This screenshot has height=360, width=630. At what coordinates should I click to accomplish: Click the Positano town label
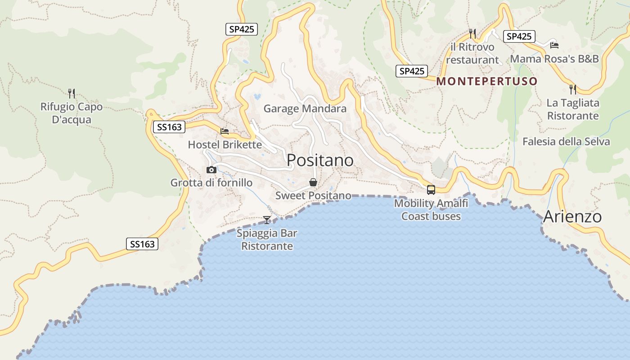click(320, 160)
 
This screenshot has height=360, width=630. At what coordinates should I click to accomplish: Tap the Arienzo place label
click(572, 216)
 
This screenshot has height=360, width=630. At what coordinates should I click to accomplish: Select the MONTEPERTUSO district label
click(487, 81)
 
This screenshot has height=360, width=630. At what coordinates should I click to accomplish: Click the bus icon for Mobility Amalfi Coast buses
click(431, 189)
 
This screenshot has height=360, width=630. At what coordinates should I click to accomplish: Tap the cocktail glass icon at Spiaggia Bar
click(267, 220)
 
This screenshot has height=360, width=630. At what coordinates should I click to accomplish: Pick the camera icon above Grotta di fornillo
click(211, 170)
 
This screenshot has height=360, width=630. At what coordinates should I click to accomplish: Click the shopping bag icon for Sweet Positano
click(313, 182)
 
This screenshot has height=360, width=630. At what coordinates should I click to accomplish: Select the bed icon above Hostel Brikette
click(225, 131)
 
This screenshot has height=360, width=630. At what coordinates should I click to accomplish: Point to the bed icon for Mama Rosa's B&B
click(554, 45)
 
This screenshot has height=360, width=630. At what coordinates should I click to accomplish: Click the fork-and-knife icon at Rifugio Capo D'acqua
click(71, 94)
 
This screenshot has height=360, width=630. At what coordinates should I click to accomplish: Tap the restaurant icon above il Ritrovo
click(472, 33)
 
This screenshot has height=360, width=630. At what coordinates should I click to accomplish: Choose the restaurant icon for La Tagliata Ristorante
click(572, 89)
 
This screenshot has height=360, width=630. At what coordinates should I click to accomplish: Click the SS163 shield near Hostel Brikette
click(169, 127)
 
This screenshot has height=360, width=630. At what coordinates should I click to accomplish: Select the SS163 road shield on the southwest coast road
click(142, 244)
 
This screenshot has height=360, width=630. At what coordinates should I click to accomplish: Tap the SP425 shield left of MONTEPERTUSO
click(412, 71)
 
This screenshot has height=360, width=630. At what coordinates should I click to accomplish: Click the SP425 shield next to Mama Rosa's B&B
click(519, 36)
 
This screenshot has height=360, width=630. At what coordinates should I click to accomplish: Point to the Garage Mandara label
click(305, 108)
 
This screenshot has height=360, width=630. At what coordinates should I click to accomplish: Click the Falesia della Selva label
click(566, 142)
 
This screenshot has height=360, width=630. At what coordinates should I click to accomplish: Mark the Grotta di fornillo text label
click(211, 183)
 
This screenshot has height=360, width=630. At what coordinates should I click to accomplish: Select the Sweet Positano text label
click(313, 195)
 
